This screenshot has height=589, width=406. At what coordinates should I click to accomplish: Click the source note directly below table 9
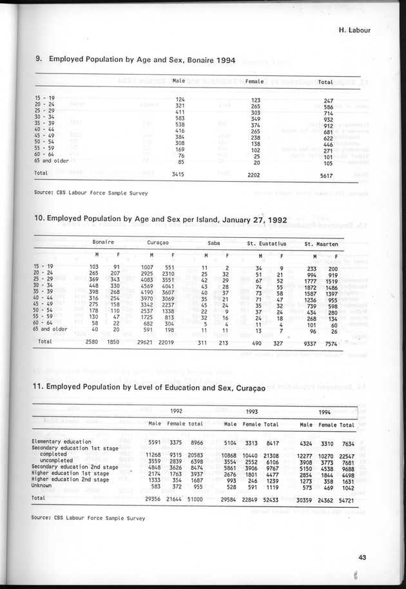point(91,193)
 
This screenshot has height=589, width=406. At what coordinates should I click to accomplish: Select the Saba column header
point(214,243)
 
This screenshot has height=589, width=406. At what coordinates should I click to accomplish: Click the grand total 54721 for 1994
point(347,498)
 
